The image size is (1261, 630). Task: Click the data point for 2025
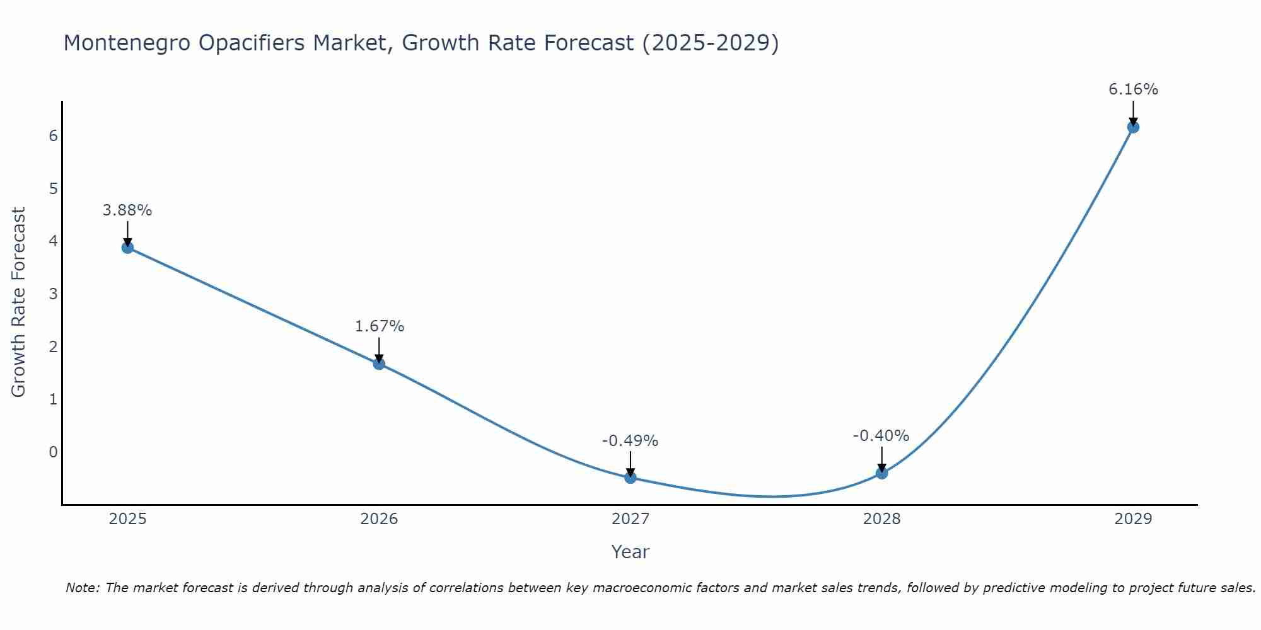tap(127, 248)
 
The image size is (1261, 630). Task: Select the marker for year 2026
tap(379, 364)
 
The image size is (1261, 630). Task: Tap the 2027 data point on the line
tap(630, 478)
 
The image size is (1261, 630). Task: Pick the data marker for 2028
tap(881, 472)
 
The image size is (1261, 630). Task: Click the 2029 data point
tap(1133, 127)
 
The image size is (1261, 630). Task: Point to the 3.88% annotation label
tap(127, 210)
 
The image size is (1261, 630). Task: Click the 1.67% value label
tap(379, 326)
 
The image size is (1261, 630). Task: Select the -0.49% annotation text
tap(630, 441)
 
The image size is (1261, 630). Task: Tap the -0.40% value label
tap(881, 436)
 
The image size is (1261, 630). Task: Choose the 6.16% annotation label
tap(1133, 89)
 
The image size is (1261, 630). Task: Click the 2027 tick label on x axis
tap(630, 519)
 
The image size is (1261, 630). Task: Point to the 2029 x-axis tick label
tap(1133, 519)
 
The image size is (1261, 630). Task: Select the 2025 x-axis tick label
tap(127, 519)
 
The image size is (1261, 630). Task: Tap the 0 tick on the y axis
tap(53, 452)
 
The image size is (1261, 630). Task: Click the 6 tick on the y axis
tap(53, 136)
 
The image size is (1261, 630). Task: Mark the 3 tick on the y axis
tap(53, 294)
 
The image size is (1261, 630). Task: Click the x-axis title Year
tap(630, 552)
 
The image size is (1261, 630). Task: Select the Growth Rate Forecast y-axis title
tap(19, 302)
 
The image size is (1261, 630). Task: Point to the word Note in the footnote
tap(82, 588)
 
